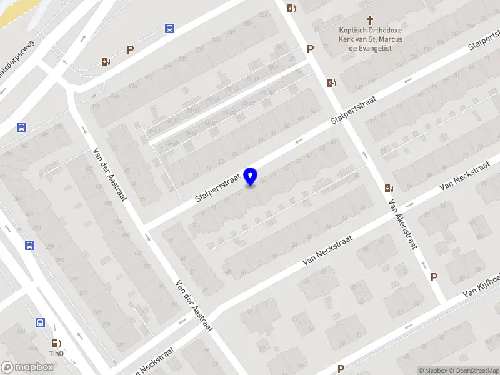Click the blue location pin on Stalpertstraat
point(251,177)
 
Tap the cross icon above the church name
point(370,20)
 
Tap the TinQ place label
point(57,353)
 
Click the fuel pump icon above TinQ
point(56,342)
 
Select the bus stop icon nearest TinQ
point(40,323)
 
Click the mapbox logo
point(27,367)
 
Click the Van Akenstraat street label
point(402,224)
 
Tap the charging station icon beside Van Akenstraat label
point(389,188)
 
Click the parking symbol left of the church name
point(310,49)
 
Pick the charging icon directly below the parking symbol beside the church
point(331,82)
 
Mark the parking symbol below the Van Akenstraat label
point(434,277)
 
